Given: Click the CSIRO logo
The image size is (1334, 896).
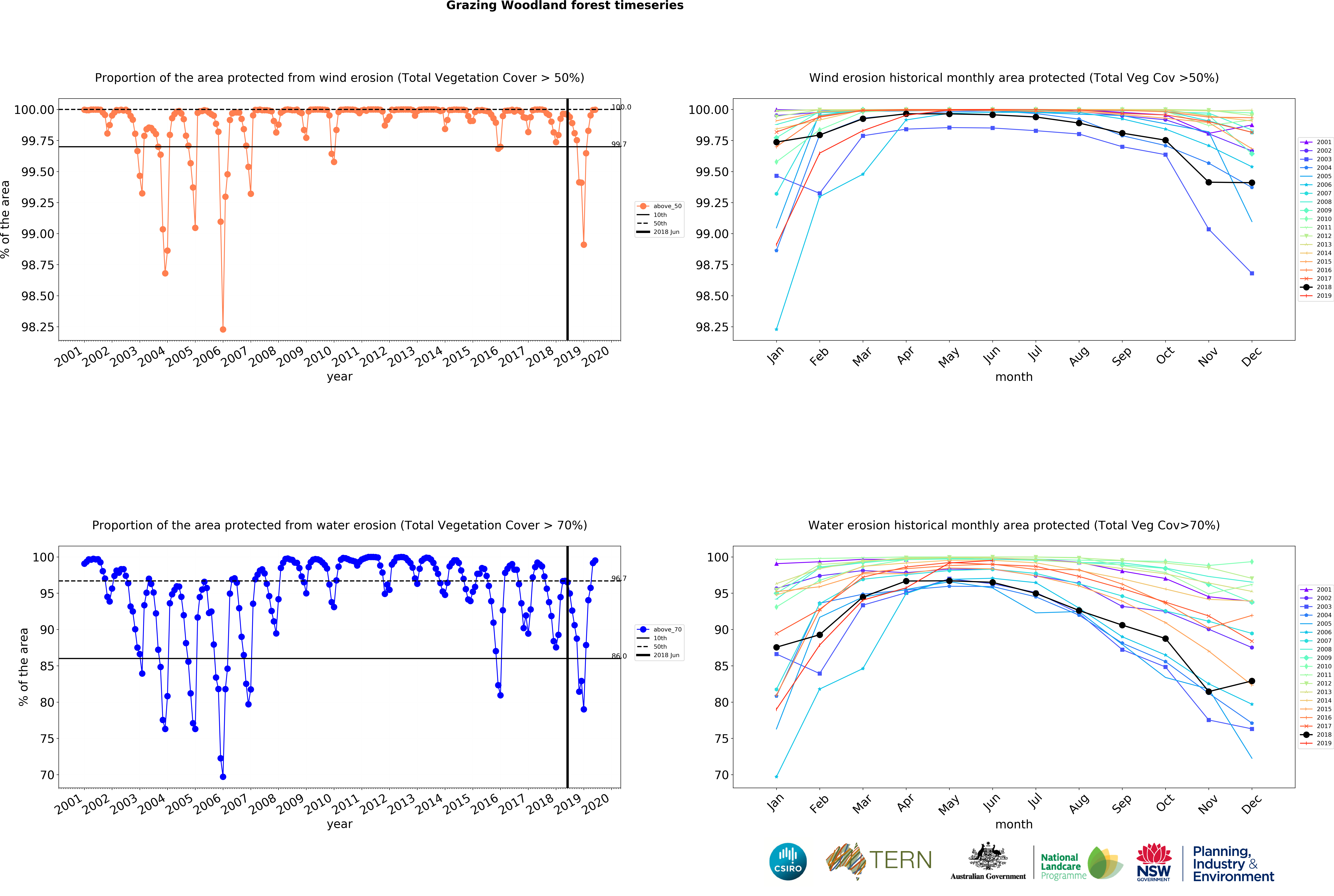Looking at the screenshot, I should (x=788, y=861).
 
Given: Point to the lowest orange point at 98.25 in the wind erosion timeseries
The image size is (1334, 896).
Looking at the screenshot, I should (x=223, y=329).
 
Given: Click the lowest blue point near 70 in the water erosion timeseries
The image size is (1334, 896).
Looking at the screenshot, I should (x=223, y=777).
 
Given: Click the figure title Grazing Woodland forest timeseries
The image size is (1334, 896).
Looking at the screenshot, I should (x=565, y=6).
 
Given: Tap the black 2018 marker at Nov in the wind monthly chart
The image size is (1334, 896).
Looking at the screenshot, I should (x=1208, y=182).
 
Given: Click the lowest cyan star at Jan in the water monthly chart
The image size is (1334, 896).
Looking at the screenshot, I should (x=776, y=777).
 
